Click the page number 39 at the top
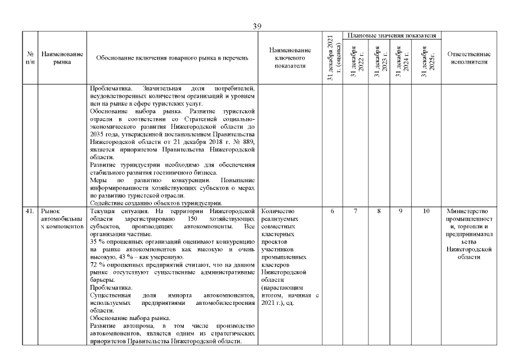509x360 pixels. (258, 26)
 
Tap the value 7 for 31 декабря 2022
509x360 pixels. (355, 211)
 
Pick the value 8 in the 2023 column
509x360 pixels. (379, 211)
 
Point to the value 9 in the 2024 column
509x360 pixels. (402, 211)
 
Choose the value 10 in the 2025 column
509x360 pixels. (426, 211)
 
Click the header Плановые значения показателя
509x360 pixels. (392, 35)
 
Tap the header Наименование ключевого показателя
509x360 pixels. (290, 58)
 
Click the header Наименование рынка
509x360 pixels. (62, 58)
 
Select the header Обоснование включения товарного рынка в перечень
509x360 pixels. (172, 58)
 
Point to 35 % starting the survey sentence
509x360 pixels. (97, 240)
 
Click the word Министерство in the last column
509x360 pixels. (469, 211)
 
